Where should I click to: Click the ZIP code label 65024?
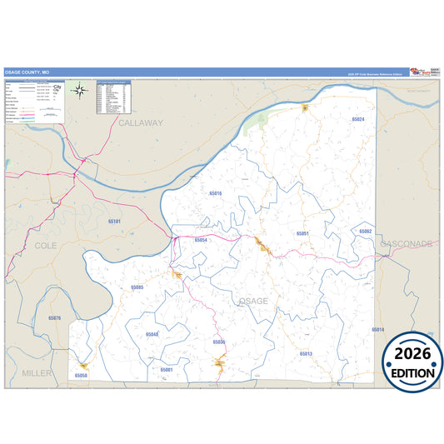point(357,120)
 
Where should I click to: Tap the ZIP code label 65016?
point(215,193)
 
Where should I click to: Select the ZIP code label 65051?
point(303,233)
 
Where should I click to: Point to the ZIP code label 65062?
point(365,231)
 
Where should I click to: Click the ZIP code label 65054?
point(200,240)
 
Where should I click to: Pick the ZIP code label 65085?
point(137,287)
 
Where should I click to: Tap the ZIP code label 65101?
point(114,221)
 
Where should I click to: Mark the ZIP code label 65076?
point(54,318)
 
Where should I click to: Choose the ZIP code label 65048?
point(152,334)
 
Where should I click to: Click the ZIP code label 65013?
point(306,354)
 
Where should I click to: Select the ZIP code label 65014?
point(377,330)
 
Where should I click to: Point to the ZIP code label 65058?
point(81,376)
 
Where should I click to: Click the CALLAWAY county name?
point(141,122)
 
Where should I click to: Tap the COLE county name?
point(47,246)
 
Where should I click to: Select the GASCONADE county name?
point(407,244)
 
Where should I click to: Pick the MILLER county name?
point(37,372)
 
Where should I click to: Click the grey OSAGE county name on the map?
point(253,300)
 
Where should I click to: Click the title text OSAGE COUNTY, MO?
point(32,72)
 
